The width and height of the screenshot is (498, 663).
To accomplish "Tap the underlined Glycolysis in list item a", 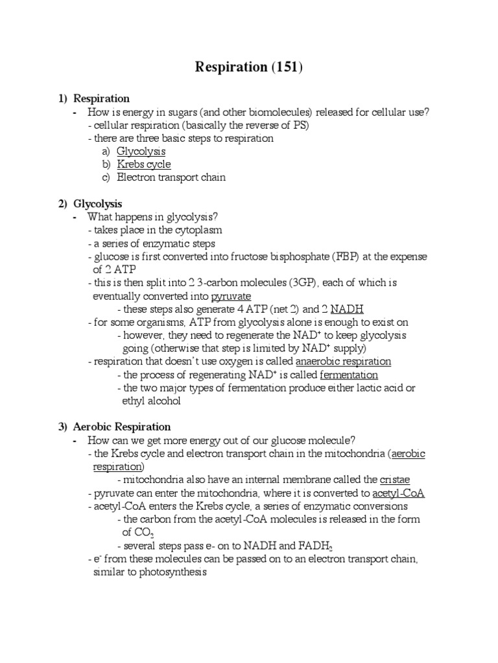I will (141, 152).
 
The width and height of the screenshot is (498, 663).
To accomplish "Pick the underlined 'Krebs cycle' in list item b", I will (144, 164).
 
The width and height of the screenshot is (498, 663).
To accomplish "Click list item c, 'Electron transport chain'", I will (171, 177).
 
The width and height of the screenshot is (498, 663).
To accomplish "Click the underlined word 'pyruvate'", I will (231, 296).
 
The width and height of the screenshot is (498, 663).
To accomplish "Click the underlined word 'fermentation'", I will (349, 375).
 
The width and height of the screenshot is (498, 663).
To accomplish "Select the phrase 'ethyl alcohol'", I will (152, 401).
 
